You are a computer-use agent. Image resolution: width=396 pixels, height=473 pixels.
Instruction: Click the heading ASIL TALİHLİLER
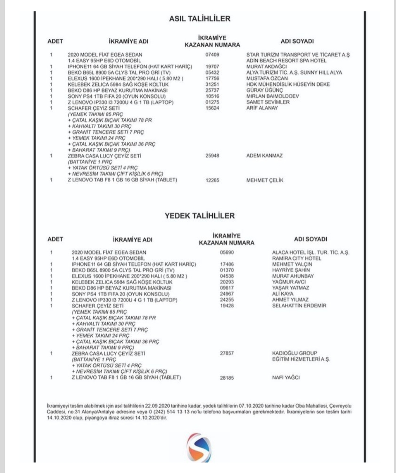[x=199, y=19]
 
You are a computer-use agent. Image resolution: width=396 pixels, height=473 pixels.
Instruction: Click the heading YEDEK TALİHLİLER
[x=199, y=216]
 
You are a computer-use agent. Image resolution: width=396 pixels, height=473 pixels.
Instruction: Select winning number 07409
[x=212, y=55]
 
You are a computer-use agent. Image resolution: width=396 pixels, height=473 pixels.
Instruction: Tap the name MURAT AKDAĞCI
[x=266, y=67]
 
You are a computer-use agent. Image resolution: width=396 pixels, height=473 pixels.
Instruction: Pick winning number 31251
[x=212, y=84]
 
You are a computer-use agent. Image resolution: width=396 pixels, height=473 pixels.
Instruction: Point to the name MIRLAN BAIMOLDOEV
[x=268, y=96]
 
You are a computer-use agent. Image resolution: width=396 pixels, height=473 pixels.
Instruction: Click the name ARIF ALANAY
[x=262, y=108]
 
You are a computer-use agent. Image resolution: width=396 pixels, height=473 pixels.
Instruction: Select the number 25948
[x=212, y=156]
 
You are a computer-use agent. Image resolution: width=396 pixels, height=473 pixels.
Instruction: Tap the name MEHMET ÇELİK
[x=265, y=180]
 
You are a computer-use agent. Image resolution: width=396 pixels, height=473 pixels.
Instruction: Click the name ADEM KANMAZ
[x=264, y=156]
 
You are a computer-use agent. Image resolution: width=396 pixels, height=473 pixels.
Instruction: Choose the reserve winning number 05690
[x=227, y=252]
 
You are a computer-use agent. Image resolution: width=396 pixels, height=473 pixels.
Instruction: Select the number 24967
[x=227, y=294]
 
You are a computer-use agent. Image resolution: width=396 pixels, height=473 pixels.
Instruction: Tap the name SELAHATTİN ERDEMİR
[x=299, y=306]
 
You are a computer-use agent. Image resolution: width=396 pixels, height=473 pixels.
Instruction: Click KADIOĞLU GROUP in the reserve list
[x=294, y=353]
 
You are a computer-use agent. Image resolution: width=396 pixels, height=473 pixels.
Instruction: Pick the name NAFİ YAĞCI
[x=286, y=378]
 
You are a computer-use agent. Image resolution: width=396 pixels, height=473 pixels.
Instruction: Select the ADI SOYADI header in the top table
[x=297, y=41]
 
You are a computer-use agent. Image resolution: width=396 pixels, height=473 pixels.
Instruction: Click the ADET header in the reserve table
[x=55, y=239]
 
